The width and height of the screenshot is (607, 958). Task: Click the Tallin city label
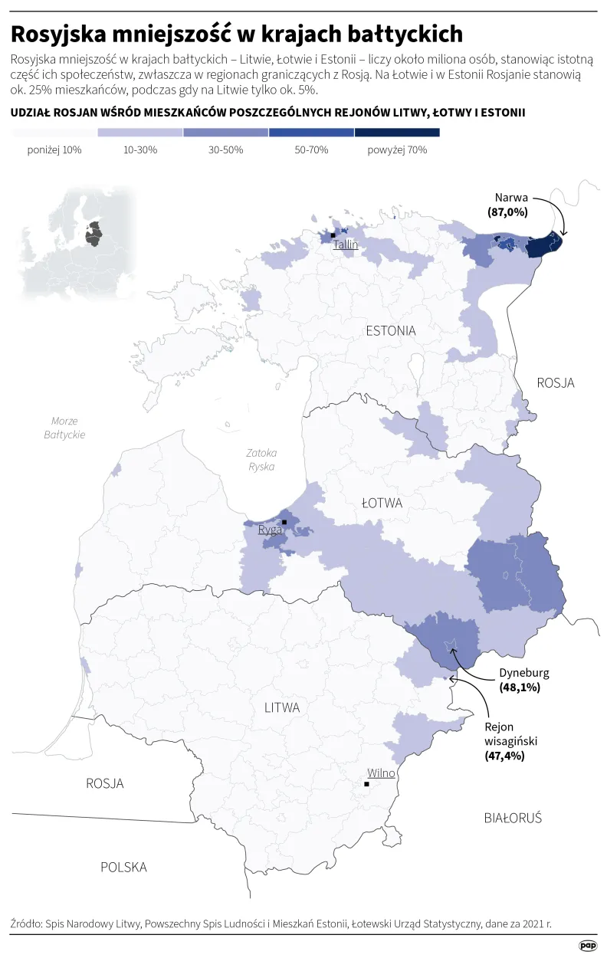point(346,244)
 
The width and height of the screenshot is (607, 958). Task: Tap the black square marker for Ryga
point(284,522)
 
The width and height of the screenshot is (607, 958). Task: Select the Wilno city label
point(381,773)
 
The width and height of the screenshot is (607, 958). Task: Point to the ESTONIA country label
point(391,331)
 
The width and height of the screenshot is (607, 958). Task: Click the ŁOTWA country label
point(382,503)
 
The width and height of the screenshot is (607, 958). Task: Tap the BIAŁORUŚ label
point(513,818)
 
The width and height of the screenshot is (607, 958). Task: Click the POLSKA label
point(123,867)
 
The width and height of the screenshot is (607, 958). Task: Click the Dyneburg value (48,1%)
point(520,687)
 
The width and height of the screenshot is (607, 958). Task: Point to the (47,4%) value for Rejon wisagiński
point(504,756)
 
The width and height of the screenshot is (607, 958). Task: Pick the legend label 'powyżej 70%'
point(397,150)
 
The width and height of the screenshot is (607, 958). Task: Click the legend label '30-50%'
point(226,150)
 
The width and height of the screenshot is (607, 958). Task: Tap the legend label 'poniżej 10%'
point(54,150)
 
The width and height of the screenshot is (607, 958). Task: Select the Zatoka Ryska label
point(261,459)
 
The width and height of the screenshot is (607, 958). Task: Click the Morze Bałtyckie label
point(64,428)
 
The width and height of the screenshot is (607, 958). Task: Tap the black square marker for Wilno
point(367,784)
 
